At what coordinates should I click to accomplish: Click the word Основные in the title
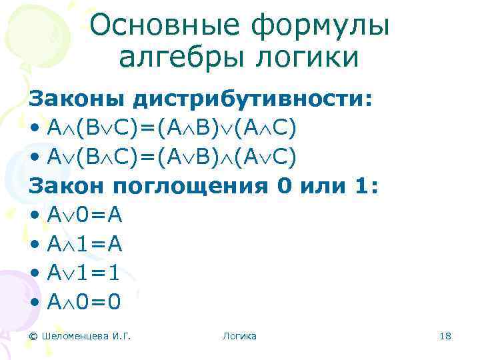(159, 25)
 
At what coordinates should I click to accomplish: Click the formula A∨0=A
(85, 215)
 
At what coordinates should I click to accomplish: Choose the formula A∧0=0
(85, 303)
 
